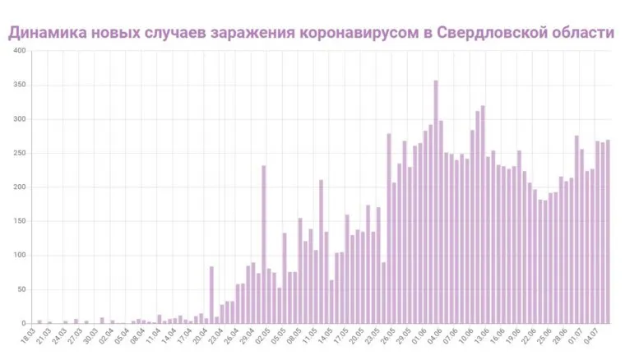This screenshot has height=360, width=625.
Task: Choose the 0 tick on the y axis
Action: pyautogui.click(x=24, y=323)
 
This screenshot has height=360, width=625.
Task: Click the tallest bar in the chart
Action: pyautogui.click(x=436, y=201)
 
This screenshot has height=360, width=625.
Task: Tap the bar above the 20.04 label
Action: pyautogui.click(x=211, y=294)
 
